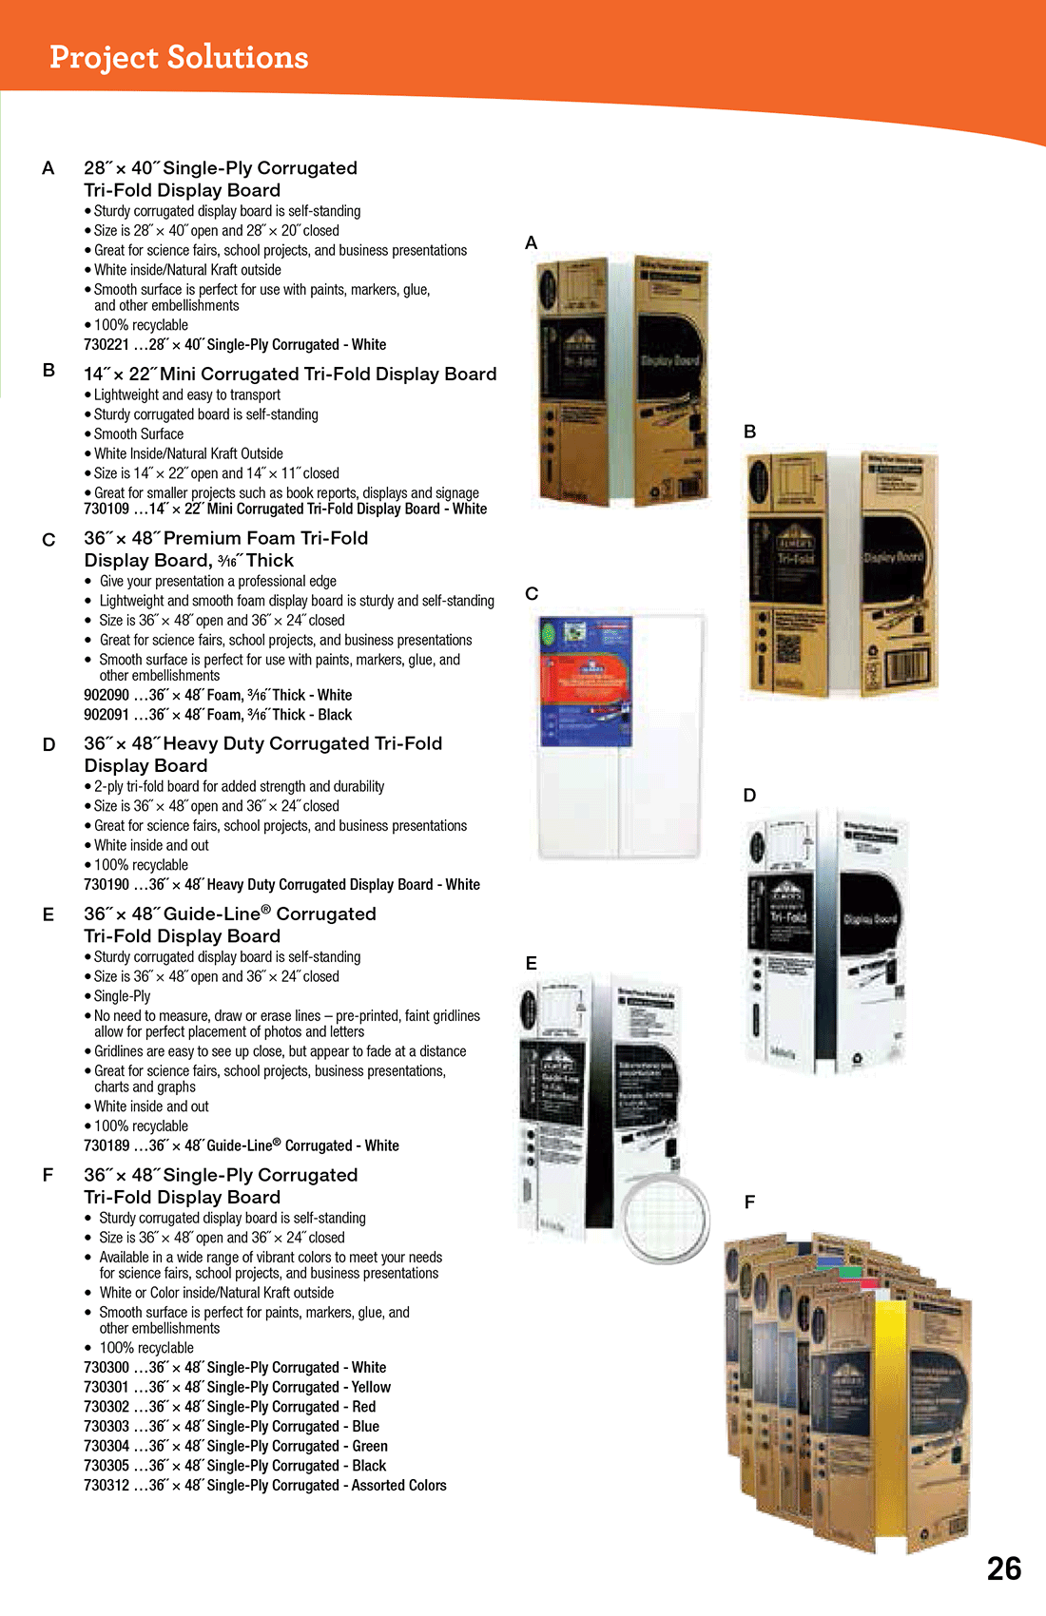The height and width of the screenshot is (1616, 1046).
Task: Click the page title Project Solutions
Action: pyautogui.click(x=179, y=57)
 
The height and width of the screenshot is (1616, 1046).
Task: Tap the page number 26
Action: pyautogui.click(x=1003, y=1568)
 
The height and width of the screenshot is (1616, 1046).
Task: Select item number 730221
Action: pyautogui.click(x=106, y=345)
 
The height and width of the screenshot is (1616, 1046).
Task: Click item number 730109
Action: pyautogui.click(x=106, y=510)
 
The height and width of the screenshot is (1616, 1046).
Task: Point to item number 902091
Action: pyautogui.click(x=106, y=715)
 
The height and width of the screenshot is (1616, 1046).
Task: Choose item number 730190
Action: pyautogui.click(x=106, y=885)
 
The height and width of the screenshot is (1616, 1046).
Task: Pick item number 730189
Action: pyautogui.click(x=106, y=1146)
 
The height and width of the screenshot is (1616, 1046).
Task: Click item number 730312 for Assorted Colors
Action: pyautogui.click(x=106, y=1486)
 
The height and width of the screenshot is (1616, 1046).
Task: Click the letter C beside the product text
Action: pyautogui.click(x=48, y=540)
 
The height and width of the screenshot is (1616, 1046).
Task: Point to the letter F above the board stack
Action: pyautogui.click(x=749, y=1202)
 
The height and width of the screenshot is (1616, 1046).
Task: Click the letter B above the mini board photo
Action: pyautogui.click(x=749, y=432)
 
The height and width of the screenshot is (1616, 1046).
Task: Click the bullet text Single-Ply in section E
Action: pyautogui.click(x=122, y=996)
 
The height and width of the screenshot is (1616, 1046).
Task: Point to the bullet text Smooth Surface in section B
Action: pyautogui.click(x=139, y=434)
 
